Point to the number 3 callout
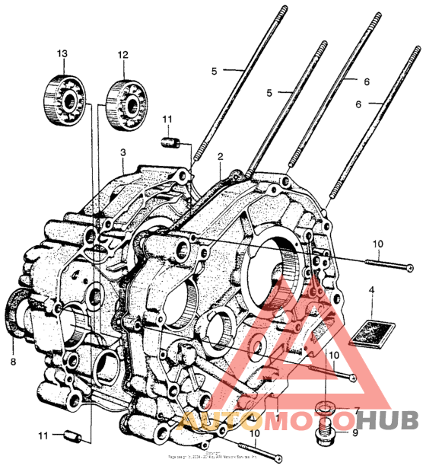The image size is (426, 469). coord(122,152)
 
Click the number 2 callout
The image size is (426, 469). coord(220,156)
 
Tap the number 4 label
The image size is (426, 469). coord(371,290)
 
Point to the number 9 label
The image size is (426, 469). coord(354,435)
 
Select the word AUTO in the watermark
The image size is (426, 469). coord(216,420)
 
